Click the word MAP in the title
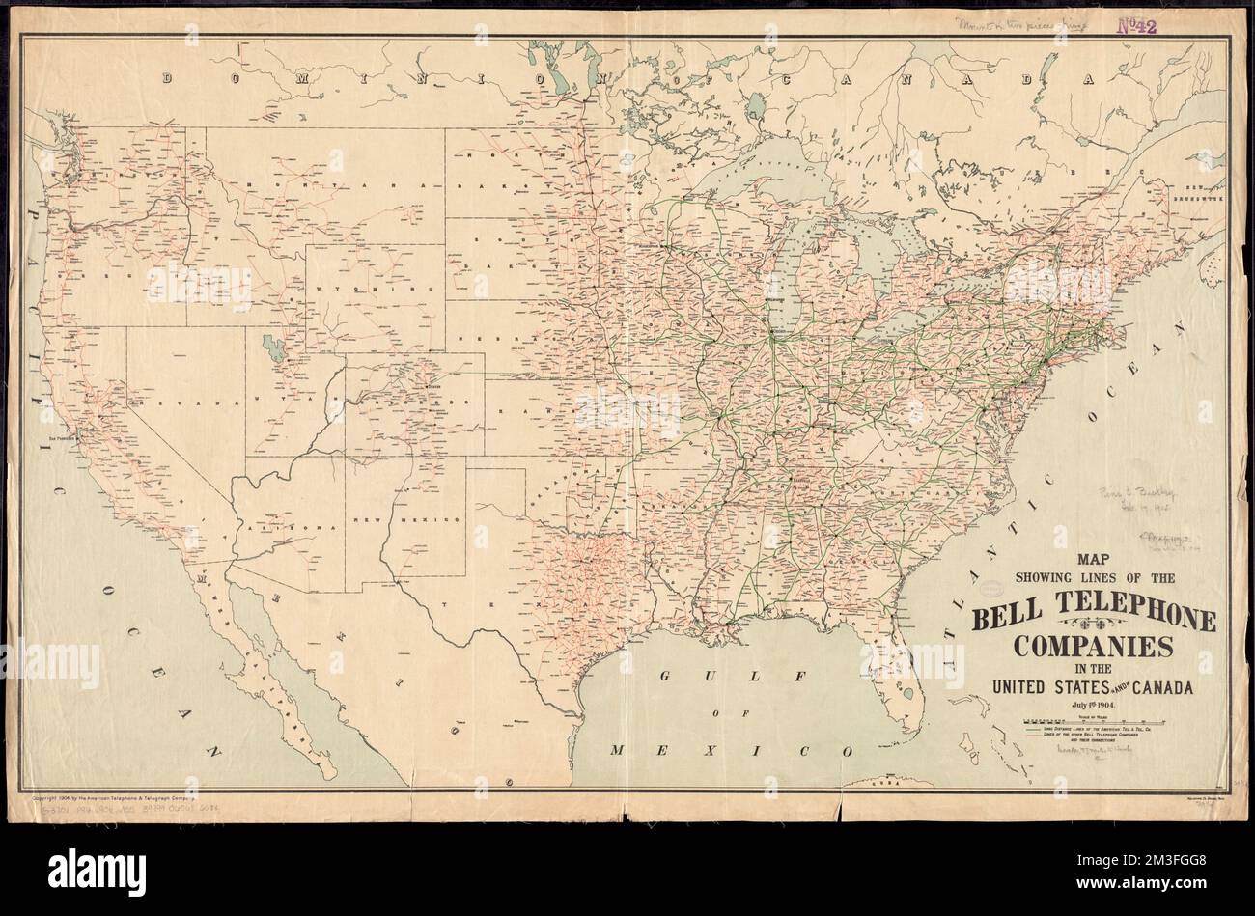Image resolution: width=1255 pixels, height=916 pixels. pyautogui.click(x=1092, y=558)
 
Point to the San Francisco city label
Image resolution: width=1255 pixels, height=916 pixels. pyautogui.click(x=61, y=437)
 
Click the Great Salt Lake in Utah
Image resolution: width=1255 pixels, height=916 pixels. pyautogui.click(x=273, y=347)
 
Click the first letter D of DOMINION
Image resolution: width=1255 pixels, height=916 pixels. pyautogui.click(x=168, y=80)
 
